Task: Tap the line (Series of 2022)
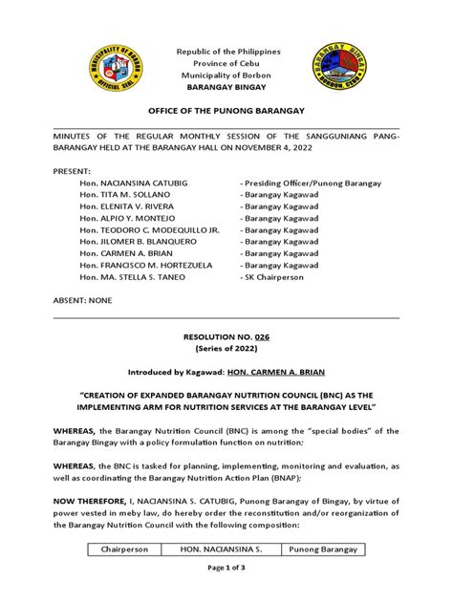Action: [226, 381]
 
